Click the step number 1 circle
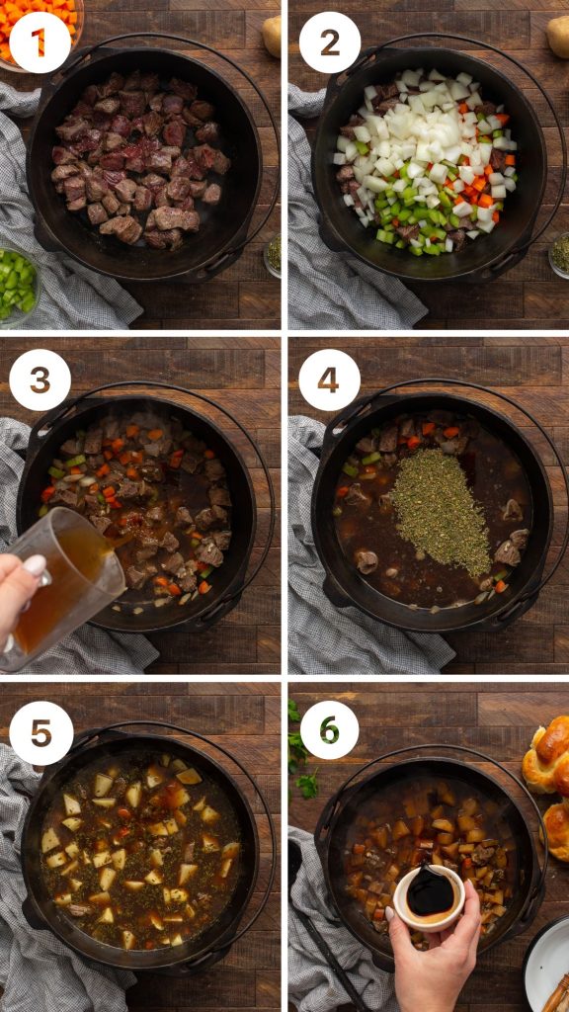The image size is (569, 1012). tap(40, 41)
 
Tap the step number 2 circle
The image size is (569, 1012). tap(329, 41)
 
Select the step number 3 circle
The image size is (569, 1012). tap(40, 380)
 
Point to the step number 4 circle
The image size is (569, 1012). tap(329, 380)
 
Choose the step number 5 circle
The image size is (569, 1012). tap(41, 732)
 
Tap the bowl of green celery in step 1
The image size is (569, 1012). tap(16, 283)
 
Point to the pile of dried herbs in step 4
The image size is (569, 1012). tap(440, 509)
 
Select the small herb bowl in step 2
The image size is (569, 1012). tap(559, 254)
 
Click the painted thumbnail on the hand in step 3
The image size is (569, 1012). tap(36, 566)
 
